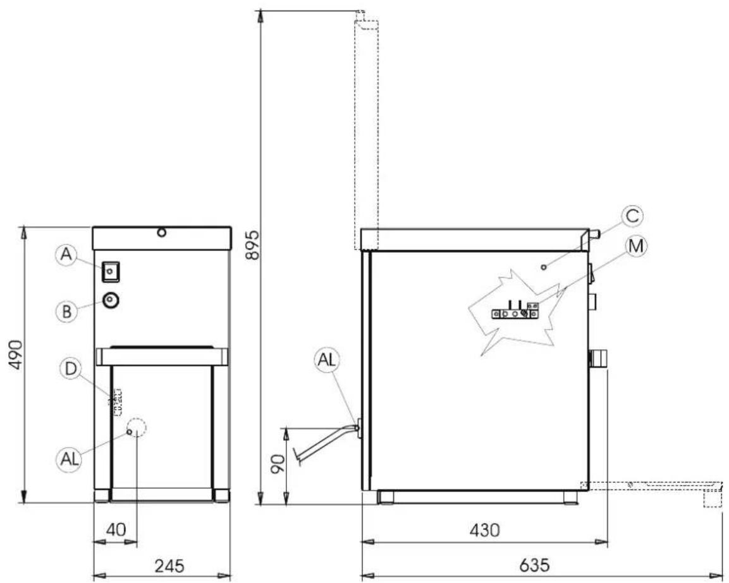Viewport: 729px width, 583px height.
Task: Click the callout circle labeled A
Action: [x=66, y=255]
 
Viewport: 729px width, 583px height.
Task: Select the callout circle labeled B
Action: [x=66, y=311]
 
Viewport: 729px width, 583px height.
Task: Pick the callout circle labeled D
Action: [x=71, y=369]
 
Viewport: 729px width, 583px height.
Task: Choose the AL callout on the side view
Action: [x=328, y=360]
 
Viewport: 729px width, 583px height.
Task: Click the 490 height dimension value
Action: [x=16, y=354]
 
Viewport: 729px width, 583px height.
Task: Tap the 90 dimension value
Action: [x=278, y=464]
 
